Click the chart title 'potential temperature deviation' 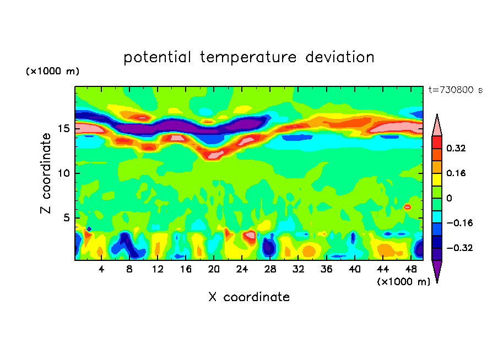[249, 57]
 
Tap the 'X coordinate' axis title [249, 297]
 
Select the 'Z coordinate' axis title [46, 173]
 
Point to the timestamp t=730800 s [455, 90]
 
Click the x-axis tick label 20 [214, 269]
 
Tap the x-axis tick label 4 [101, 269]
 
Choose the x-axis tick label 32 [299, 269]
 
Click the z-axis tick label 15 [63, 129]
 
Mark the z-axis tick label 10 [63, 173]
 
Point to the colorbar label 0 [450, 198]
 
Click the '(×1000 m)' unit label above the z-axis [52, 72]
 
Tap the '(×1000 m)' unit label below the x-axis [404, 282]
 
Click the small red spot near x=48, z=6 [408, 207]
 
